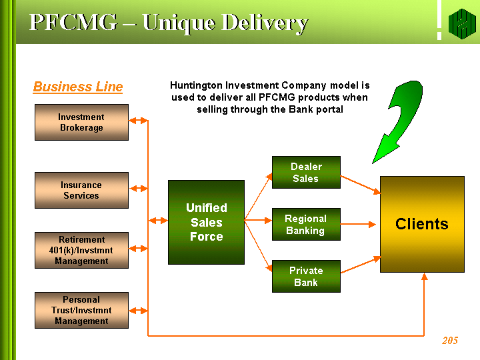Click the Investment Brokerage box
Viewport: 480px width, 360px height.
tap(81, 123)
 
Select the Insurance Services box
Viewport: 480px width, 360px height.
tap(81, 191)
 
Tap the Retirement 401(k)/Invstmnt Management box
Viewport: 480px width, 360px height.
tap(81, 251)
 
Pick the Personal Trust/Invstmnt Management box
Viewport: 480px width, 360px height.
tap(81, 311)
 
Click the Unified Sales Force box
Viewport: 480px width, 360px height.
tap(206, 222)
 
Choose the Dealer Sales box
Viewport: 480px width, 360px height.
tap(306, 173)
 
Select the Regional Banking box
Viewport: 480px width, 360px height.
tap(306, 225)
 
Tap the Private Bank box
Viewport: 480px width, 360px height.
tap(306, 277)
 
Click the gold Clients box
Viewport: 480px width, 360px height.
tap(422, 225)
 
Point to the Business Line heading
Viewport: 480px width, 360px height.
tap(78, 87)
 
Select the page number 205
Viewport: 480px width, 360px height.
tap(450, 341)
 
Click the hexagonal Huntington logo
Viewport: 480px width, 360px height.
tap(462, 24)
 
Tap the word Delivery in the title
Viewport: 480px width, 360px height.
tap(265, 23)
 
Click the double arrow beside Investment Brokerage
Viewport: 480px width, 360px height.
tap(138, 121)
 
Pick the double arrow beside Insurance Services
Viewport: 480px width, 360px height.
tap(139, 189)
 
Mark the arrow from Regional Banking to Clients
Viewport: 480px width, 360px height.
tap(358, 225)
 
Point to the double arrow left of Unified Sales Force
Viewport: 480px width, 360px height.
tap(158, 221)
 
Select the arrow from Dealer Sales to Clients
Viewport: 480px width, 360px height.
tap(361, 185)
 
